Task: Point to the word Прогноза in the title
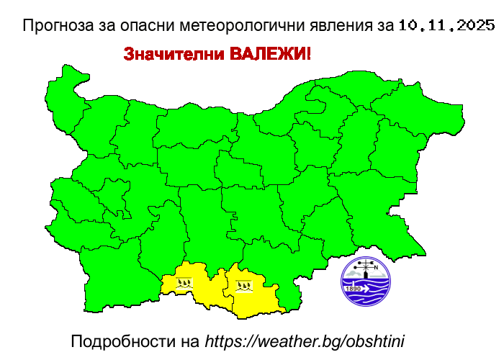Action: point(61,26)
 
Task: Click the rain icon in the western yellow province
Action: point(185,283)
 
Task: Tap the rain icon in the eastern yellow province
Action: point(245,286)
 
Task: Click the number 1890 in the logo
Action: point(354,289)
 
